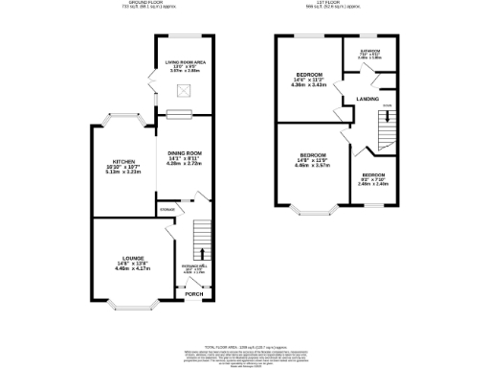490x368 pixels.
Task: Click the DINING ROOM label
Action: pyautogui.click(x=185, y=153)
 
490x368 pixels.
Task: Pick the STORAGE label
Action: pyautogui.click(x=167, y=207)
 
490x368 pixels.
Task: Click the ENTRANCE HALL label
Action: pyautogui.click(x=194, y=267)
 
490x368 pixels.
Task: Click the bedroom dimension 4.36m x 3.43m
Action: pyautogui.click(x=309, y=85)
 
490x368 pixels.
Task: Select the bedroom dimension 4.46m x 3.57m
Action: pyautogui.click(x=313, y=165)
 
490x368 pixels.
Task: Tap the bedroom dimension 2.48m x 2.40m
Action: pyautogui.click(x=374, y=183)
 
